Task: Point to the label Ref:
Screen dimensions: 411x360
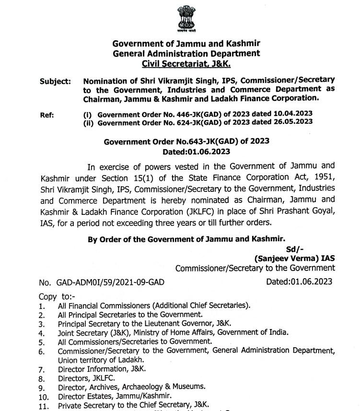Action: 47,114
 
